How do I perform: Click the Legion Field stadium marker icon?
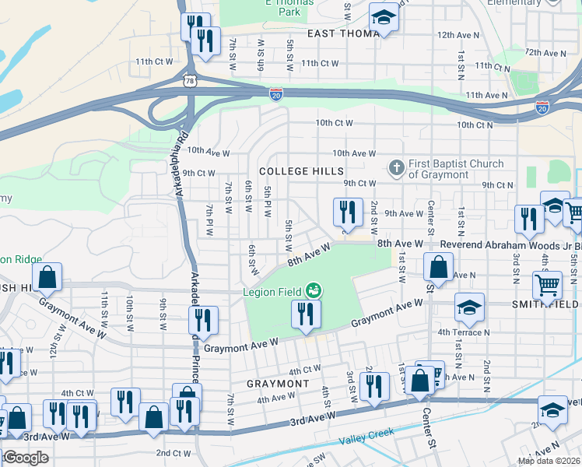coord(314,290)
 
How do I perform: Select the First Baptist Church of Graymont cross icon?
coord(396,167)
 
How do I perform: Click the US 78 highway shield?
coord(190,80)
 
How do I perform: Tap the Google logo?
coord(26,458)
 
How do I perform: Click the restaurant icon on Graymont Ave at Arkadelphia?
coord(203,319)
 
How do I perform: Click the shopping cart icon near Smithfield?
coord(547,286)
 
